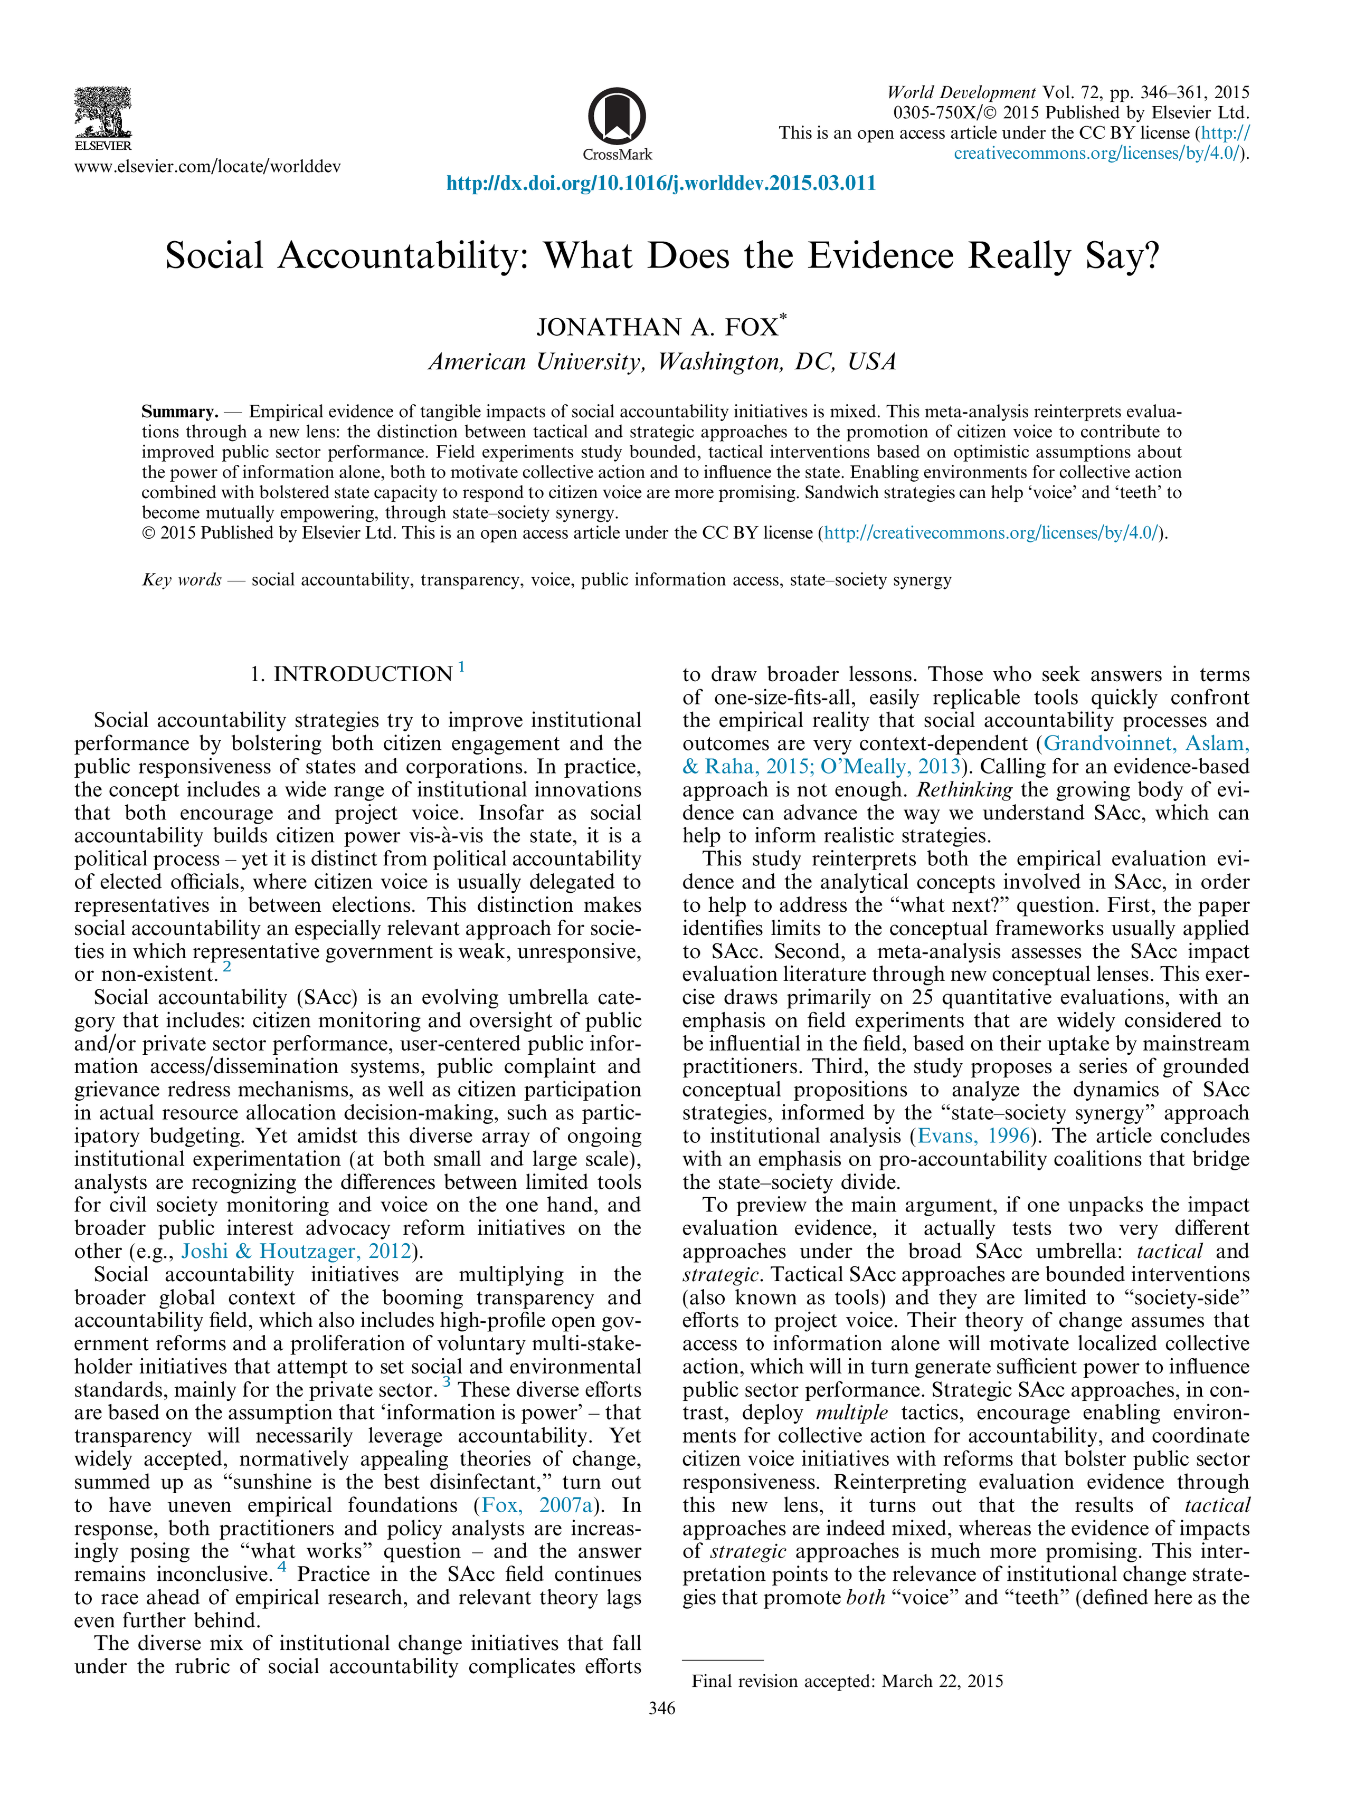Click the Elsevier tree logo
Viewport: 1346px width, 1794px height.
tap(102, 113)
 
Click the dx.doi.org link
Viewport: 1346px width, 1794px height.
tap(661, 183)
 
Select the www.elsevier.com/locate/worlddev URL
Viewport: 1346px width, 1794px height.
tap(207, 167)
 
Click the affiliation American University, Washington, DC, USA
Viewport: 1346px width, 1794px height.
tap(662, 362)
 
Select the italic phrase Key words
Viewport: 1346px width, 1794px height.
tap(182, 580)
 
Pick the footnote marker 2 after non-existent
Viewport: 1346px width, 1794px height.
tap(227, 967)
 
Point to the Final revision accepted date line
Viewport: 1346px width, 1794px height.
tap(847, 1681)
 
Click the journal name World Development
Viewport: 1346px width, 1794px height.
tap(961, 92)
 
